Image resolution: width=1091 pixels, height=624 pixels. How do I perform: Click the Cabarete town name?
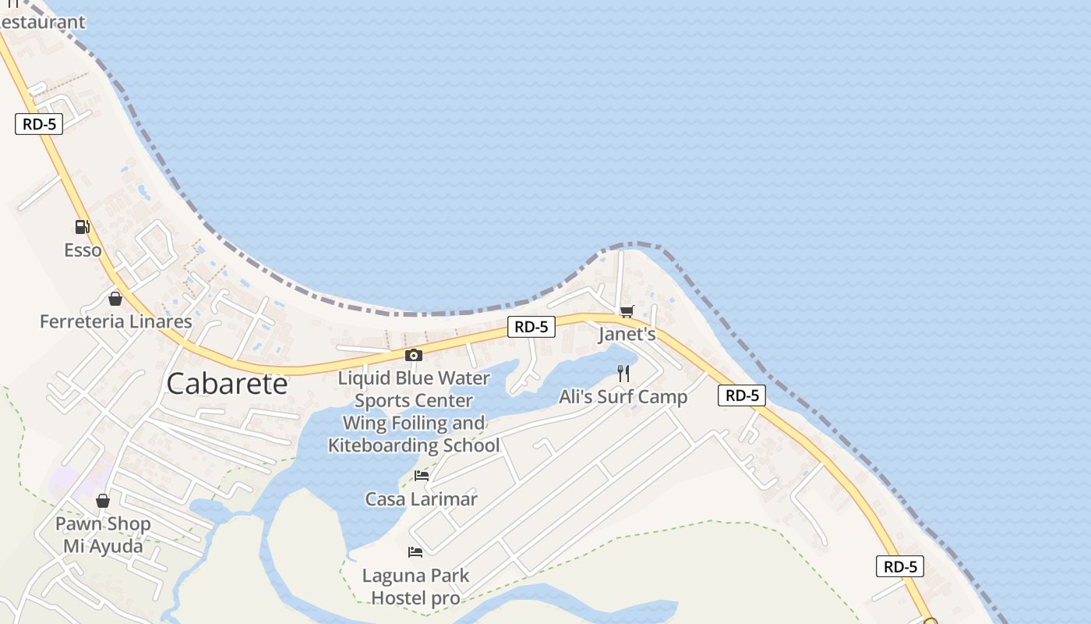point(227,384)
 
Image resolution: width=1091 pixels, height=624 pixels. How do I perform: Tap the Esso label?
point(83,250)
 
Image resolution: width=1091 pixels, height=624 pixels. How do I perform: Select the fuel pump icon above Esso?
point(82,227)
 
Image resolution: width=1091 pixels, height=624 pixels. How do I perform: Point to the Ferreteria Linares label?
point(115,321)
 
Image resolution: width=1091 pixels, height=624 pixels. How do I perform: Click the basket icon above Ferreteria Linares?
point(115,299)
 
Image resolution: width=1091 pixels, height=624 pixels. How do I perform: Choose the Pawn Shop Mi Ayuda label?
point(103,534)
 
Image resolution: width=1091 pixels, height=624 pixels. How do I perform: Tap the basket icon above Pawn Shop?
point(103,501)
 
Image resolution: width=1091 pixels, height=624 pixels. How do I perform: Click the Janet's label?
point(627,335)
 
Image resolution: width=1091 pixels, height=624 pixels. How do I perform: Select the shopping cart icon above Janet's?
point(627,312)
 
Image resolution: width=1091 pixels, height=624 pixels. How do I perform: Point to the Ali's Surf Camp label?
point(623,397)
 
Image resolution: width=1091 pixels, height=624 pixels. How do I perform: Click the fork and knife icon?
point(623,374)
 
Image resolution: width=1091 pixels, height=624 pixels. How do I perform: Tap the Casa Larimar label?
point(421,499)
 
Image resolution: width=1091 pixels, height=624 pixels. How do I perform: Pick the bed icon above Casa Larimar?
point(422,475)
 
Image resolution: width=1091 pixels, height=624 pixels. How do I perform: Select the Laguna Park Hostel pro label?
point(415,587)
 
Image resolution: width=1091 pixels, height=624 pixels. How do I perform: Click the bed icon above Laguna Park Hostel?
point(415,552)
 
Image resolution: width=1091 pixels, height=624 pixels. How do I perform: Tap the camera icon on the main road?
point(414,356)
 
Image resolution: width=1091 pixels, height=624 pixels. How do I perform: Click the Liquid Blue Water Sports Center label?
point(414,412)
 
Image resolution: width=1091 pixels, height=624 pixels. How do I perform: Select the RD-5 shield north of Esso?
point(38,124)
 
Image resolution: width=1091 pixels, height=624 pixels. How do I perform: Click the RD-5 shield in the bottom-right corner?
point(900,566)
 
